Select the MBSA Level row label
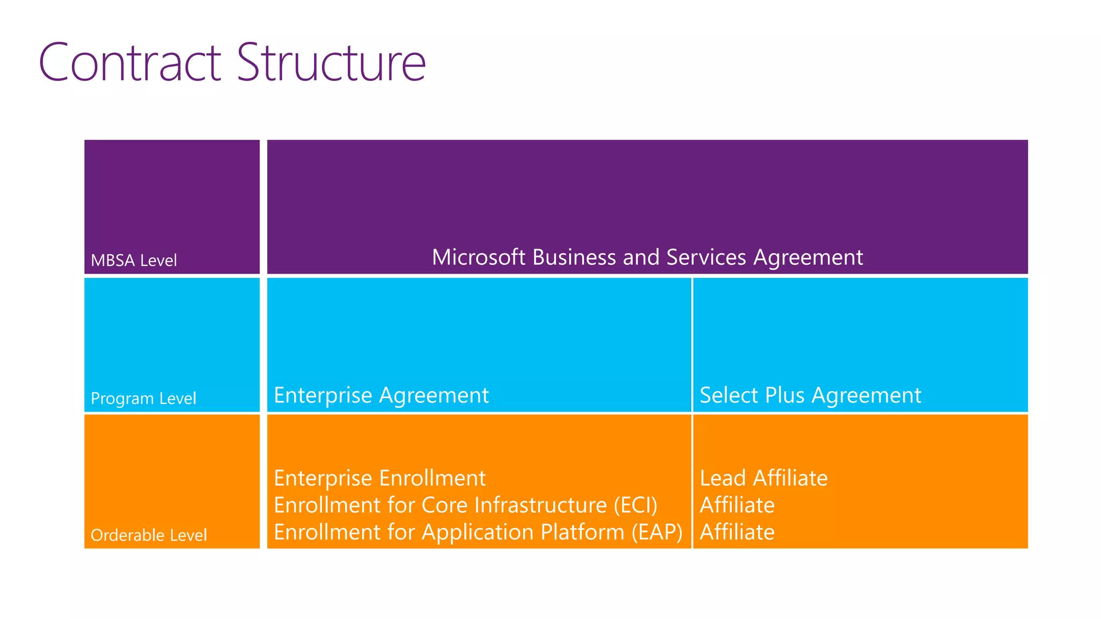pos(134,261)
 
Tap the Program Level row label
pos(144,399)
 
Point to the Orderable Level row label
pos(149,535)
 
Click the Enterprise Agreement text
pos(381,395)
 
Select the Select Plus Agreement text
pos(810,395)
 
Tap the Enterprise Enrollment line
pos(380,478)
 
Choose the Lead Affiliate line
pos(763,478)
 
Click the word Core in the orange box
pos(440,506)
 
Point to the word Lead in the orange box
pos(723,478)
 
